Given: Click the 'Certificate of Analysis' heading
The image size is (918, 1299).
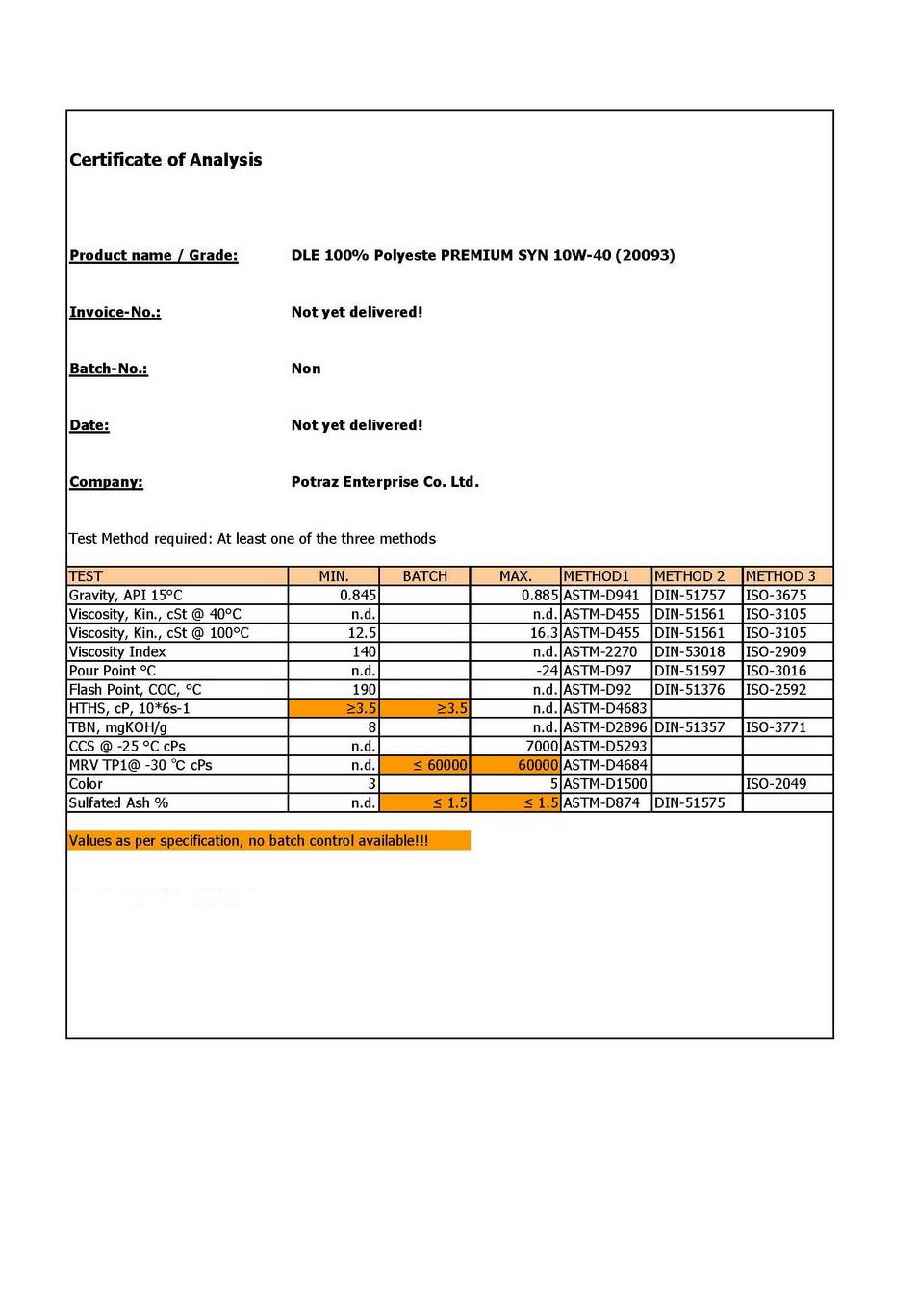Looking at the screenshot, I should point(166,160).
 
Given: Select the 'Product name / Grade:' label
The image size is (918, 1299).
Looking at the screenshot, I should point(153,255).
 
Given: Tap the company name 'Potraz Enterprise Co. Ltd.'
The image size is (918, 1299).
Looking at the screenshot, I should point(385,482).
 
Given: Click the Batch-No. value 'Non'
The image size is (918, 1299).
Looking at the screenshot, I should point(306,369).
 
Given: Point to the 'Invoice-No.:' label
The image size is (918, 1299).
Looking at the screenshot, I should point(115,312).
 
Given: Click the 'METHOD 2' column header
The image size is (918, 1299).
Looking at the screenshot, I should point(689,576).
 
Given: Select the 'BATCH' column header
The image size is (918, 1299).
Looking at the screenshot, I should point(424,576).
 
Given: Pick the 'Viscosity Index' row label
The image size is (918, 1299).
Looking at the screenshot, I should point(117,651).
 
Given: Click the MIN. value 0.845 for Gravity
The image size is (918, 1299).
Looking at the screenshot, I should point(358,596).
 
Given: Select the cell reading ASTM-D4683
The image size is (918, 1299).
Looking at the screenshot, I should point(604,708).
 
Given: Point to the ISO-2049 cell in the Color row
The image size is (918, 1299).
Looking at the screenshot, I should point(776,784).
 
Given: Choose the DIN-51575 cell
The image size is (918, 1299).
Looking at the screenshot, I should point(689,802).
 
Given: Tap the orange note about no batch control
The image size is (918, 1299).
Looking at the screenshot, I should point(249,841).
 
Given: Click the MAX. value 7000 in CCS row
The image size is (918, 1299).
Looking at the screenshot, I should point(542,746).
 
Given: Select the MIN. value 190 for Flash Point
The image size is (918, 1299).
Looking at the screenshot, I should point(364,690).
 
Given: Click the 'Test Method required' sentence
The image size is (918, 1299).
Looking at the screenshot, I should point(252,539).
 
